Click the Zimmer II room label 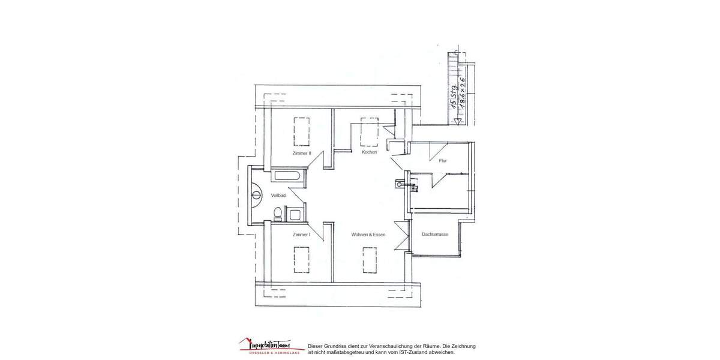tap(302, 154)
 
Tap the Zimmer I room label tap(301, 234)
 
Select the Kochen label tap(369, 153)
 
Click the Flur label tap(443, 161)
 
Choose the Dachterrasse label tap(435, 235)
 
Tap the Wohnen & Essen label tap(368, 234)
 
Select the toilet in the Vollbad tap(277, 213)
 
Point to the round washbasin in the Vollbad tap(256, 194)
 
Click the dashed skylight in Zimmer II tap(301, 131)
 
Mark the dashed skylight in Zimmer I tap(301, 259)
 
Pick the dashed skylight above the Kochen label tap(369, 132)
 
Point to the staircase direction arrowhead tap(458, 121)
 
